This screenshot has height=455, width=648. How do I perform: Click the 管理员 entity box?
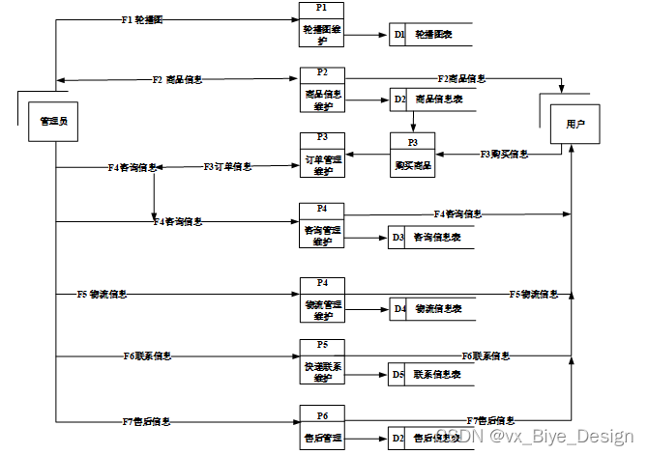click(x=52, y=122)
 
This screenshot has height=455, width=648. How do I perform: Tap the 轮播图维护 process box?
click(x=322, y=35)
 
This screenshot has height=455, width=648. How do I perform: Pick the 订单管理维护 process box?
click(x=322, y=165)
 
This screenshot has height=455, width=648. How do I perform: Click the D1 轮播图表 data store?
click(x=430, y=35)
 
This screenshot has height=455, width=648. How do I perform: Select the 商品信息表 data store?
click(x=430, y=99)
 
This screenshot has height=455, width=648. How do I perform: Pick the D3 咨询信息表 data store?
click(x=430, y=237)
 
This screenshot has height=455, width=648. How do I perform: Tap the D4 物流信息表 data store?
click(x=430, y=309)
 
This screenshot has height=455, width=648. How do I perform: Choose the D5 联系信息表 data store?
click(x=430, y=374)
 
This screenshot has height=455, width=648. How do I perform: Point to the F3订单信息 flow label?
click(x=227, y=166)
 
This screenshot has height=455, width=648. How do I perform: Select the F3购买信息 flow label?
click(x=504, y=154)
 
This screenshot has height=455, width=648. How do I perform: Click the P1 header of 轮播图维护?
click(x=322, y=8)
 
